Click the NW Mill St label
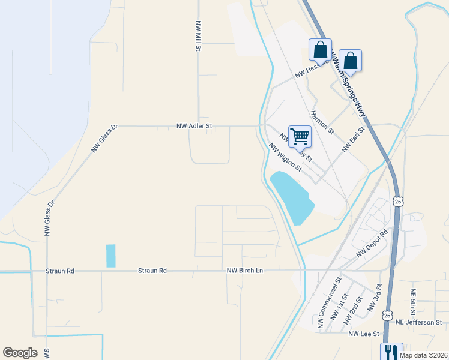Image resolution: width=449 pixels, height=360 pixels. tap(197, 37)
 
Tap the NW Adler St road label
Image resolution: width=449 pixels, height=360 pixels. tap(194, 127)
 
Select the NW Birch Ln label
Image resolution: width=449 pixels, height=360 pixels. tap(245, 271)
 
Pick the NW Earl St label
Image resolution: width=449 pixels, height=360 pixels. tap(353, 139)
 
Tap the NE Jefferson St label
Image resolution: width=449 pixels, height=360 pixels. tap(421, 322)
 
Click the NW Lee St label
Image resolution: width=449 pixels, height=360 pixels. tap(364, 334)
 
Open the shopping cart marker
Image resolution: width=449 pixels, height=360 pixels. tap(300, 136)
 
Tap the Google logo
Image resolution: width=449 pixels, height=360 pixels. tap(20, 353)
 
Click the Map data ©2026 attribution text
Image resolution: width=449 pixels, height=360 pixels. tap(423, 355)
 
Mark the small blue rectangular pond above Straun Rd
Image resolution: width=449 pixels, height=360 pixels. tap(110, 256)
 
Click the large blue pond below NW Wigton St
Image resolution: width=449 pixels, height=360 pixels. tap(292, 197)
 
